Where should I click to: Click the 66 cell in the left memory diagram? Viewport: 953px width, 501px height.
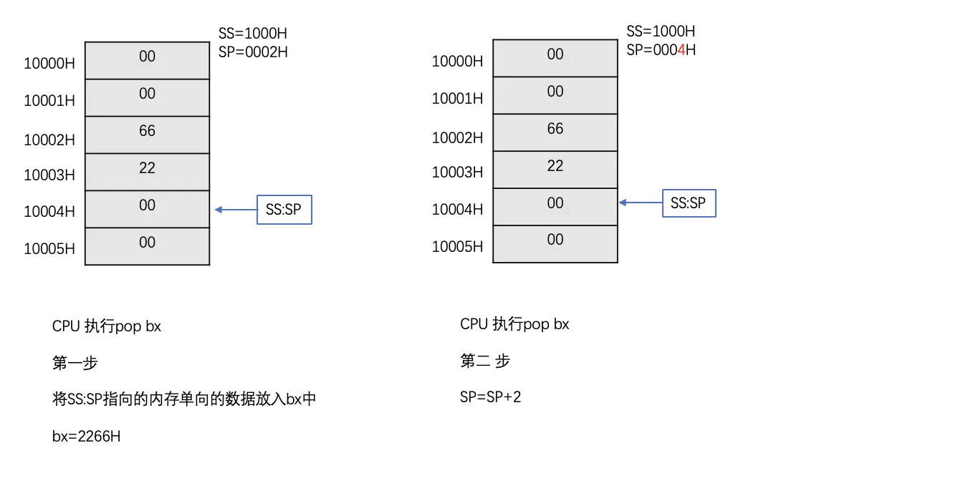147,134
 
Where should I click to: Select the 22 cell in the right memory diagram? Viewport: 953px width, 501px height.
555,169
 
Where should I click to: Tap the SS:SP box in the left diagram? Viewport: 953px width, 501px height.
284,210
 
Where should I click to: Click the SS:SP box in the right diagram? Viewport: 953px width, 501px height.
689,203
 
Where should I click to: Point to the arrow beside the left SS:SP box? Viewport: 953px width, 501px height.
236,210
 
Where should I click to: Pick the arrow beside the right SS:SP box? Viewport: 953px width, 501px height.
640,203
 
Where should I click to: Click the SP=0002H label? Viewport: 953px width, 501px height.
253,52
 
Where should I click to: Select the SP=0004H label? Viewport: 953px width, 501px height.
661,50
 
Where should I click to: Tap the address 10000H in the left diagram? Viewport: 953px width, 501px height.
49,63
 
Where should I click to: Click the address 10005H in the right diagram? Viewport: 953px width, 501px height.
457,246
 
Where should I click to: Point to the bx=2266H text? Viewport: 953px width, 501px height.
86,436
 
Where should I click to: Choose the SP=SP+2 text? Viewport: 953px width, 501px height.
491,397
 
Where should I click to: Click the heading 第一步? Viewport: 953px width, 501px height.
75,363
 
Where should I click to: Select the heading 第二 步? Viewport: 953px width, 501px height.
485,361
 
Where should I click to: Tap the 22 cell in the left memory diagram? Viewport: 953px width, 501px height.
147,171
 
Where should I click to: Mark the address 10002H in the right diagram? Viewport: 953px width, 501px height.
457,137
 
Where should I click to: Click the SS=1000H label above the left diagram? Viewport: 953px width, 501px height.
253,34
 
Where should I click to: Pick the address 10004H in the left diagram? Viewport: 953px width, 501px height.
49,211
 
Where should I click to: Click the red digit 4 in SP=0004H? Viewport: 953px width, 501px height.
681,50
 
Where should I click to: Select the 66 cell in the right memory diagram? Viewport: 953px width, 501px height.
555,132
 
